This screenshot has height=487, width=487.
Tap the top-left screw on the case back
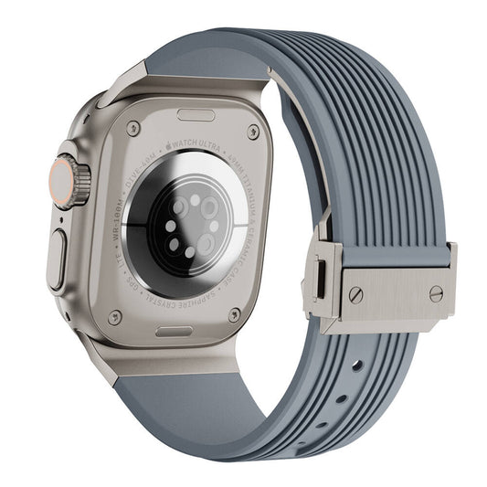pos(133,129)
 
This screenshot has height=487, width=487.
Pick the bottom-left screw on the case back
pos(114,317)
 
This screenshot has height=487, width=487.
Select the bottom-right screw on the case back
pos(234,314)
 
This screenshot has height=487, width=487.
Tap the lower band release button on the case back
pos(174,331)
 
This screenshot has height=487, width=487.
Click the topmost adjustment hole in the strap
pos(356,365)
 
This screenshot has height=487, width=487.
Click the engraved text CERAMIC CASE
pos(245,238)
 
